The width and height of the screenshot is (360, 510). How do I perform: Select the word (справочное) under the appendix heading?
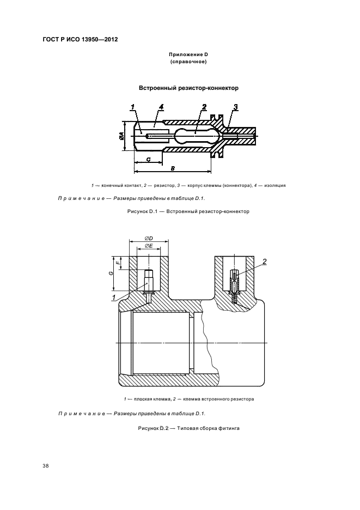tap(188, 63)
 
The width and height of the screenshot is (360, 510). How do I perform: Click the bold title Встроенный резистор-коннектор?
tap(188, 87)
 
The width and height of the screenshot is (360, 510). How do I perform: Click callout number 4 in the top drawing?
tap(162, 106)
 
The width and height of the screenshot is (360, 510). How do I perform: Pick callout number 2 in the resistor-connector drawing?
tap(204, 106)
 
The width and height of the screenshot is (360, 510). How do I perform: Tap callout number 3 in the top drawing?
tap(236, 106)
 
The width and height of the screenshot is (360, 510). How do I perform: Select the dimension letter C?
tap(148, 159)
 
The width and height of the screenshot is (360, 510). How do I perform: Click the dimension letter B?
tap(172, 169)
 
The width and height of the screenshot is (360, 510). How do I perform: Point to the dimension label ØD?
tap(149, 238)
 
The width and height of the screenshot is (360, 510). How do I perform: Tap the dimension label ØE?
tap(149, 246)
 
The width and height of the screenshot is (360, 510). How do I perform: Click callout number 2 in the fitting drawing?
tap(265, 262)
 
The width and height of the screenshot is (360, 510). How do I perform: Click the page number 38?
tap(46, 466)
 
